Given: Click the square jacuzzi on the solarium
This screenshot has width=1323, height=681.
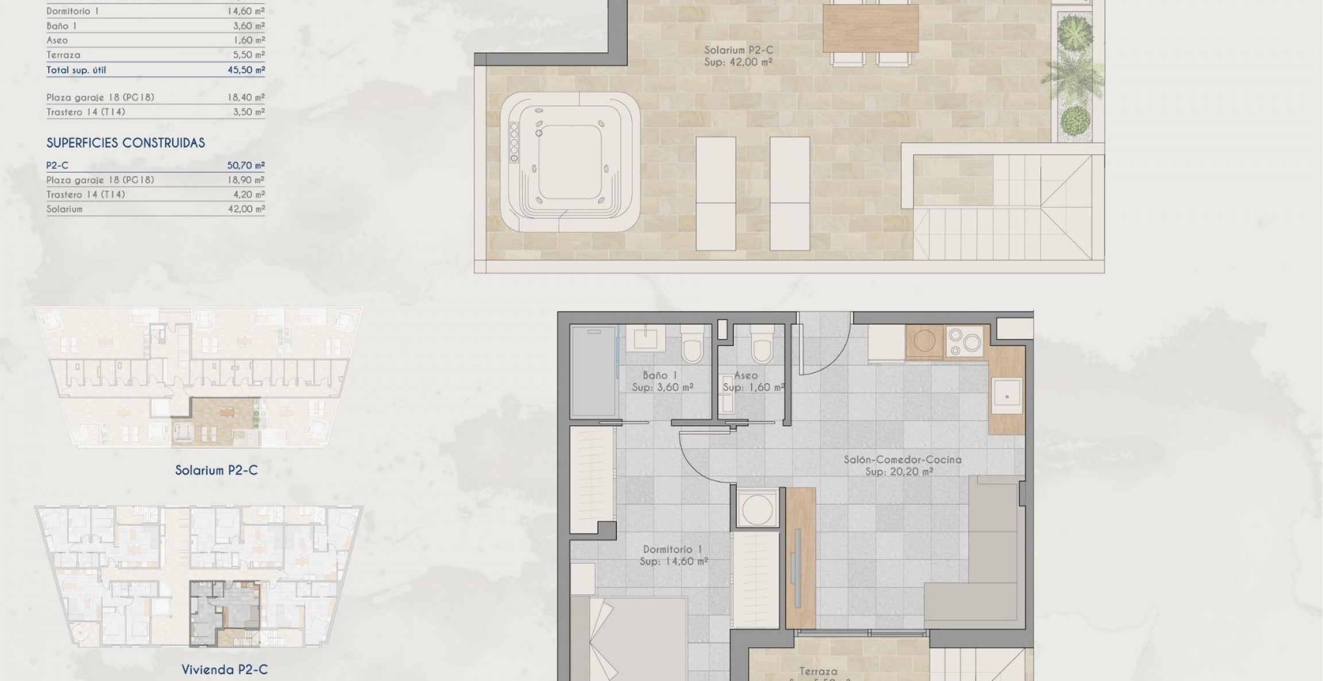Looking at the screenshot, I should click(x=570, y=162).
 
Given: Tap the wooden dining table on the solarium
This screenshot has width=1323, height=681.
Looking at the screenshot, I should click(x=870, y=29).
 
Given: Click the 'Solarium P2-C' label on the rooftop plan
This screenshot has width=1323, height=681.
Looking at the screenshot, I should click(x=738, y=50).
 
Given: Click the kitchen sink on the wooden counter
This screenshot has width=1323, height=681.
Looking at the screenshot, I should click(x=1007, y=396).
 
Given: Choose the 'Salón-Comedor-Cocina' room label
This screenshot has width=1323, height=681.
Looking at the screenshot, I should click(x=902, y=460).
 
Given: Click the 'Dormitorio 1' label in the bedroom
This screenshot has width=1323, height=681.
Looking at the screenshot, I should click(x=672, y=549).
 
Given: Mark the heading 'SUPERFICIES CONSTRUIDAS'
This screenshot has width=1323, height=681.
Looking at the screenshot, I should click(x=125, y=143).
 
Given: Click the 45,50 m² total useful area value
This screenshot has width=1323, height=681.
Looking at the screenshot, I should click(x=246, y=70).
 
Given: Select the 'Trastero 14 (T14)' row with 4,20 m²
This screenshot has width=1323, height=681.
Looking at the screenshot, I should click(x=155, y=195).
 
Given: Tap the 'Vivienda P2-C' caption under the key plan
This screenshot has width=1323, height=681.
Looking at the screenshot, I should click(x=225, y=670).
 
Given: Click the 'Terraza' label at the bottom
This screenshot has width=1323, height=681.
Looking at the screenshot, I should click(x=818, y=671).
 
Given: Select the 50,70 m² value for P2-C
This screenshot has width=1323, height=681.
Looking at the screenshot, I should click(x=246, y=166).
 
